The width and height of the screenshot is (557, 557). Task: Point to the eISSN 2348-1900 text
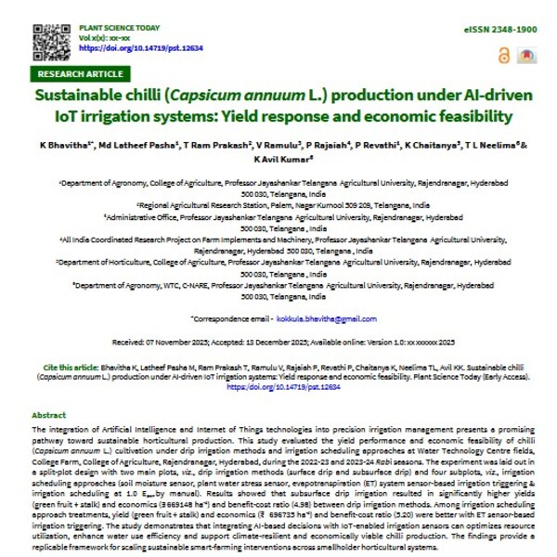[499, 31]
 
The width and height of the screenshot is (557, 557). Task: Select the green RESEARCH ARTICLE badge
[81, 73]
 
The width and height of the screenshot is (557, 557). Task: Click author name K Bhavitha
[64, 147]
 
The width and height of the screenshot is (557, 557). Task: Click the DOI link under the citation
[279, 387]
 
